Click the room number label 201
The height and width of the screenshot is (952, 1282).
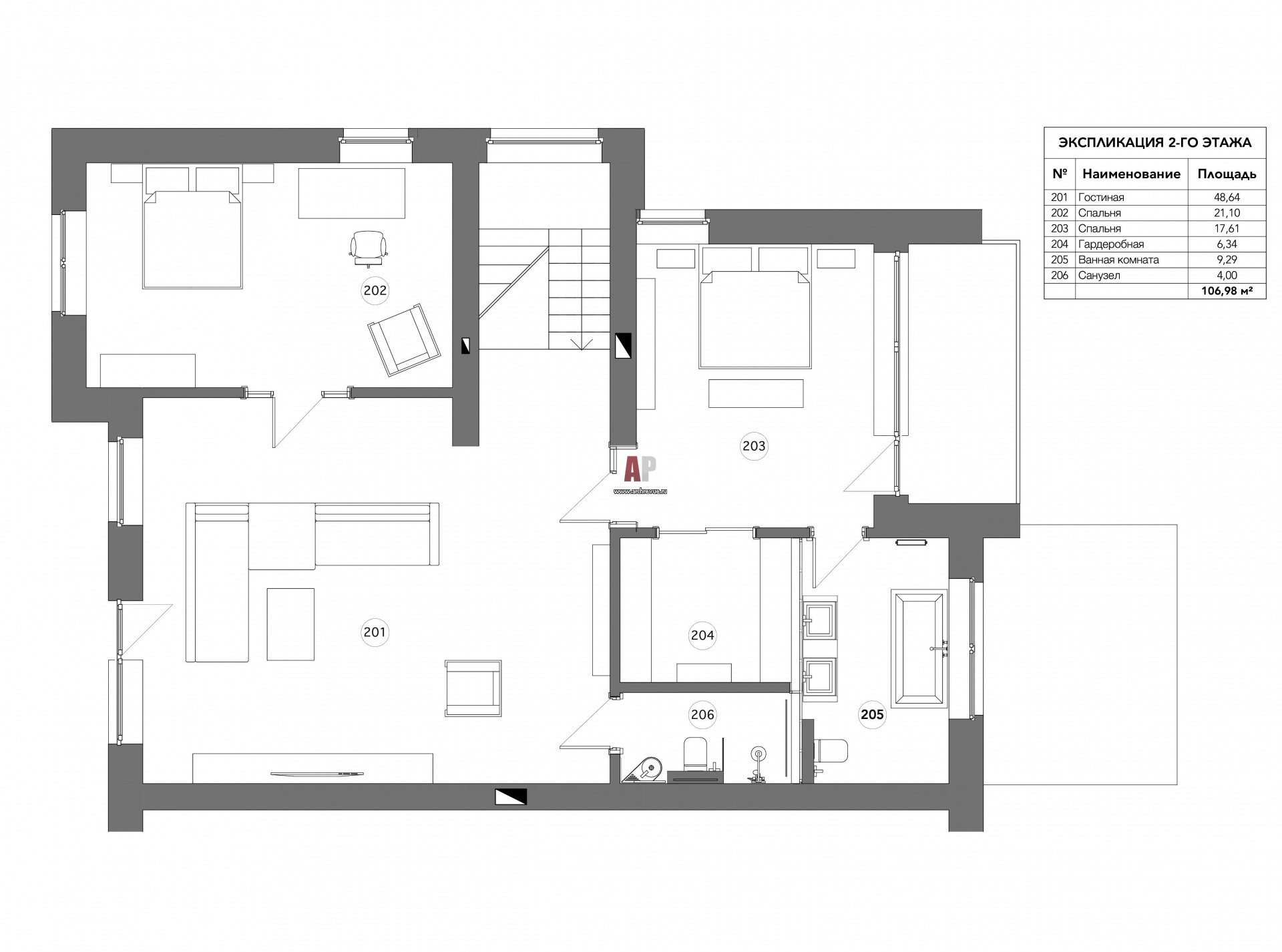point(374,632)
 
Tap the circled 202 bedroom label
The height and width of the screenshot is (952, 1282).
point(375,290)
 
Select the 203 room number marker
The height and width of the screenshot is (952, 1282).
point(754,445)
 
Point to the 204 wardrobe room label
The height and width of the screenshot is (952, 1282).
point(702,636)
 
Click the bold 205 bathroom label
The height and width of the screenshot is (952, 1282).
point(872,715)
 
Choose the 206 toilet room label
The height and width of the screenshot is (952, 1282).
point(702,715)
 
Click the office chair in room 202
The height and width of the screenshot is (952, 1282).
point(369,248)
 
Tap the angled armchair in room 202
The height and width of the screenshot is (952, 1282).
point(404,340)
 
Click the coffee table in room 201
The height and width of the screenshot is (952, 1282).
point(290,624)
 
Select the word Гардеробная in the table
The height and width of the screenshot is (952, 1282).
point(1111,244)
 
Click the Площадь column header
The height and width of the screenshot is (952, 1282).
point(1227,174)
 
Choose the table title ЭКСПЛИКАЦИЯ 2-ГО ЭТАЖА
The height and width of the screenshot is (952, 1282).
point(1155,142)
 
